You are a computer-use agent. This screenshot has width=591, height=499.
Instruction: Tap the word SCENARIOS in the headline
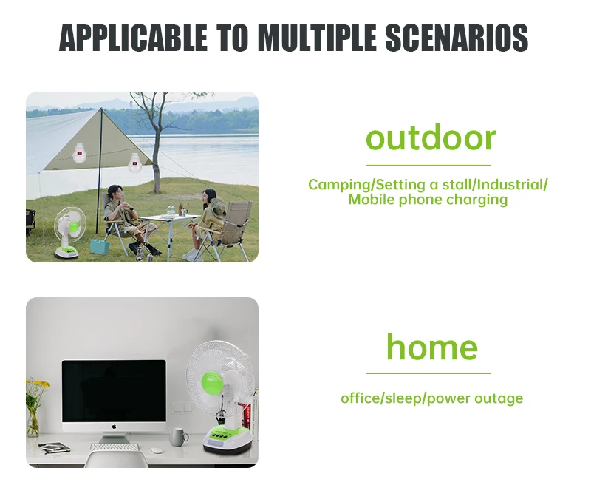pyautogui.click(x=457, y=38)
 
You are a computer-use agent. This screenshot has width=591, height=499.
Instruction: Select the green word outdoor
pyautogui.click(x=431, y=138)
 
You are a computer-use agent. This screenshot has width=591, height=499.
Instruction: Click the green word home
pyautogui.click(x=432, y=347)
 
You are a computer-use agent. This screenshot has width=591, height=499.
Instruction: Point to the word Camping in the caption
pyautogui.click(x=340, y=186)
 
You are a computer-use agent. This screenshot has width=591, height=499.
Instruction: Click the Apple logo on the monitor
pyautogui.click(x=114, y=427)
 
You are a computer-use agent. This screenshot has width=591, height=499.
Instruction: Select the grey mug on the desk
pyautogui.click(x=178, y=437)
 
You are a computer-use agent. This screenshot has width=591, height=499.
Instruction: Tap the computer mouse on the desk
pyautogui.click(x=156, y=450)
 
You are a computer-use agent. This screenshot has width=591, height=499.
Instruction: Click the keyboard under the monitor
pyautogui.click(x=115, y=447)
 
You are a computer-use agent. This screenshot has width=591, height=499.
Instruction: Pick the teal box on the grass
pyautogui.click(x=100, y=246)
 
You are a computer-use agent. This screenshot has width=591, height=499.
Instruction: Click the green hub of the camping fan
pyautogui.click(x=75, y=227)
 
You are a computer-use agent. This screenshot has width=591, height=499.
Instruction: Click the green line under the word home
pyautogui.click(x=428, y=374)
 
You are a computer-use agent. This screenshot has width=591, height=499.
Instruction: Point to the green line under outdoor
pyautogui.click(x=428, y=165)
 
